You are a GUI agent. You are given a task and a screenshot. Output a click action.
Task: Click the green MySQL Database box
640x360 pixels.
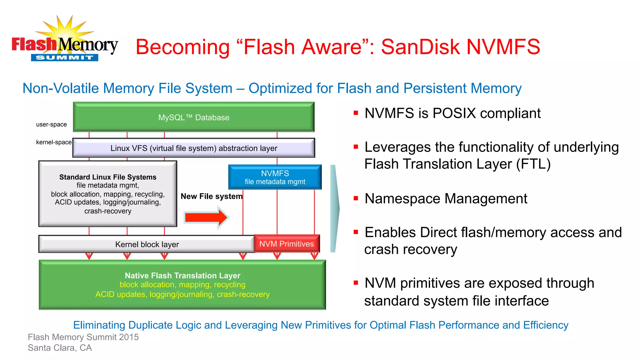click(x=193, y=117)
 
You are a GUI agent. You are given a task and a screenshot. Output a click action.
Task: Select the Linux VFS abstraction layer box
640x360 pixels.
click(x=193, y=148)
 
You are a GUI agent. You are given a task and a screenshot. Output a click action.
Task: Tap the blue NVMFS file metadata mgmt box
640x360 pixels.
click(x=275, y=177)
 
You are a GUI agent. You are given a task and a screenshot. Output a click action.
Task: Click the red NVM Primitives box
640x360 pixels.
click(x=286, y=244)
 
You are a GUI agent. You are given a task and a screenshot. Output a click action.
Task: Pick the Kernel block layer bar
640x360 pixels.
click(x=147, y=244)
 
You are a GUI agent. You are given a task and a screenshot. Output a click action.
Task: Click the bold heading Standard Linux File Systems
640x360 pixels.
click(x=108, y=177)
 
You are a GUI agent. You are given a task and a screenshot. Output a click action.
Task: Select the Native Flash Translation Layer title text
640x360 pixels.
click(x=182, y=276)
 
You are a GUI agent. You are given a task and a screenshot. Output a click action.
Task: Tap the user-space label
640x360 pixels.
click(x=51, y=124)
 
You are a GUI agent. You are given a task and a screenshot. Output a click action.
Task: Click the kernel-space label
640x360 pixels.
click(x=54, y=142)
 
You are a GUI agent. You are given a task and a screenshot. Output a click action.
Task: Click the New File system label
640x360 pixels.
click(x=211, y=196)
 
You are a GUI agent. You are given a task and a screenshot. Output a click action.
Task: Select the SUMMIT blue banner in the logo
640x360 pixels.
click(x=64, y=57)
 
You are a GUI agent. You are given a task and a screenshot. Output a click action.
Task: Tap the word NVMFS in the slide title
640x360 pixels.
click(x=503, y=47)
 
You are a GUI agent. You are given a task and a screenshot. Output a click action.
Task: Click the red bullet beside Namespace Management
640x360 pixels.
click(x=356, y=198)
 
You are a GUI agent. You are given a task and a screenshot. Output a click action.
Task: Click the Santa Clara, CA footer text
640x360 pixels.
click(x=60, y=348)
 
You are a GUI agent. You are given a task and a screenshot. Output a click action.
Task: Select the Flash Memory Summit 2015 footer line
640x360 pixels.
click(x=83, y=337)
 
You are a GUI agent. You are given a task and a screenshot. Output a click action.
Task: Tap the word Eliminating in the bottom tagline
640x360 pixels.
click(x=99, y=325)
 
